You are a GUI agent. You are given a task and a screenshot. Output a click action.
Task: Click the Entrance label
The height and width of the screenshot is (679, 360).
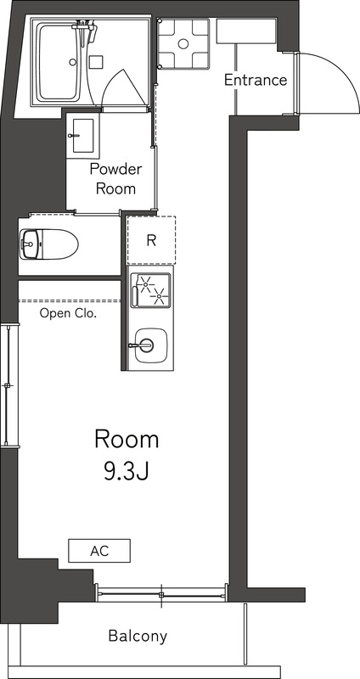(255, 81)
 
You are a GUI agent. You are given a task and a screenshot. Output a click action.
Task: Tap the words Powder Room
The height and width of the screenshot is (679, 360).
(115, 178)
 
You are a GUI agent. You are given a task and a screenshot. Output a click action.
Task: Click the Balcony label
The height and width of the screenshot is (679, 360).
(138, 636)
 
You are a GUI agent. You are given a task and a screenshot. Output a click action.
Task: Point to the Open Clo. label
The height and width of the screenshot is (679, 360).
(68, 313)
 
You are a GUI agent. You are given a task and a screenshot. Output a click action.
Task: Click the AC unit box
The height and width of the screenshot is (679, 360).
(99, 551)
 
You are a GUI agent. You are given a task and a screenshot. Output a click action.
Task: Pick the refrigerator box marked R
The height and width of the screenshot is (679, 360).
(151, 240)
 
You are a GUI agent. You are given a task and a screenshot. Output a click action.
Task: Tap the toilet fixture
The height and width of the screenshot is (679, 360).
(49, 244)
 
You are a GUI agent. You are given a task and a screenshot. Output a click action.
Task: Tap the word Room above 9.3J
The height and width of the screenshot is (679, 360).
(126, 440)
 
